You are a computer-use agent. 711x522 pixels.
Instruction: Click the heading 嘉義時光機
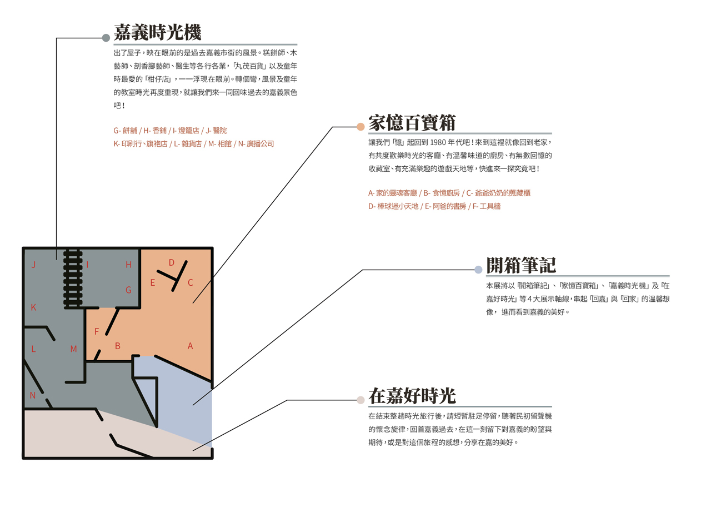(x=157, y=32)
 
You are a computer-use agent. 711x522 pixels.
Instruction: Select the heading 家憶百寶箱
(x=412, y=123)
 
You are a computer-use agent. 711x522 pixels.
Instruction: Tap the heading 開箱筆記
(x=521, y=265)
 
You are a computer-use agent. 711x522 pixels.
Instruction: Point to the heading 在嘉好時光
(x=412, y=396)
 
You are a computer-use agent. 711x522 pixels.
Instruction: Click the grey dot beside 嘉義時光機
(x=106, y=38)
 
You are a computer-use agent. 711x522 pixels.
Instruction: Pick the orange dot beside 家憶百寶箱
(x=360, y=127)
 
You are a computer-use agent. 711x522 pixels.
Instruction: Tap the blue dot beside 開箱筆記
(x=478, y=270)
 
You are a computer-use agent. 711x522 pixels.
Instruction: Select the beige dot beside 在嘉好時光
(x=360, y=400)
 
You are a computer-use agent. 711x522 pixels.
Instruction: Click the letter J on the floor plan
(x=33, y=265)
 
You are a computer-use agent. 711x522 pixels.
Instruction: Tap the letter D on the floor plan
(x=172, y=263)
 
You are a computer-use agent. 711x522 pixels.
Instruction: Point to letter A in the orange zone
(x=190, y=346)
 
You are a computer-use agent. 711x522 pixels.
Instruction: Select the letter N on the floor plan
(x=32, y=396)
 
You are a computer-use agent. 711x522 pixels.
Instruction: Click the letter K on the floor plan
(x=33, y=307)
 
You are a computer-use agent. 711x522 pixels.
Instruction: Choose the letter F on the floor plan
(x=97, y=332)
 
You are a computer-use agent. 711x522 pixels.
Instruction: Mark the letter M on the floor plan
(x=74, y=349)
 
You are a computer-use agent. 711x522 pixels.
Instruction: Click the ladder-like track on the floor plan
(x=73, y=279)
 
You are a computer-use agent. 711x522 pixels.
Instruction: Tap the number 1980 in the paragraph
(x=438, y=143)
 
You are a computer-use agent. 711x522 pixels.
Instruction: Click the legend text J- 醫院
(x=217, y=131)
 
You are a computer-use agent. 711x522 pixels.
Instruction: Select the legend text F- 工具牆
(x=487, y=206)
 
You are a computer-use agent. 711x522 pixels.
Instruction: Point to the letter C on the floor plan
(x=191, y=283)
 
